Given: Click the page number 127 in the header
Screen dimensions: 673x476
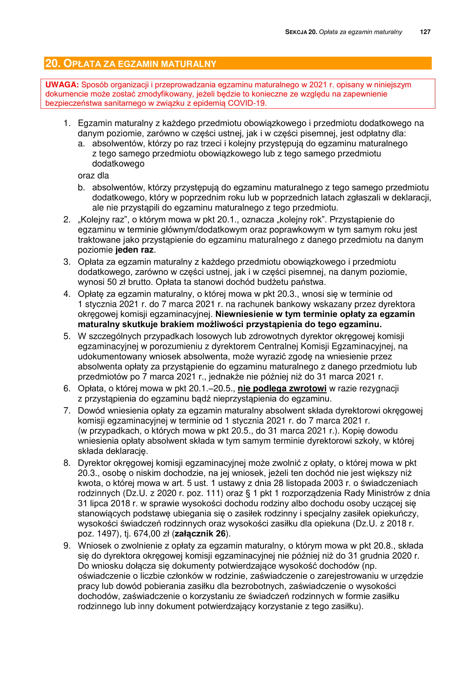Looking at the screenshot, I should coord(425,32).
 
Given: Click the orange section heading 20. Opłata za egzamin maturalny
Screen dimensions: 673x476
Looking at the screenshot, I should coord(131,64).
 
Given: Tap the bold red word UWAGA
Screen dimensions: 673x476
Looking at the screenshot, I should coord(62,85).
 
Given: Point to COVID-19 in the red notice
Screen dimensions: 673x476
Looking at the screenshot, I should coord(247,103).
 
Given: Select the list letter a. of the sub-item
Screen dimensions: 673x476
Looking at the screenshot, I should coord(81,144).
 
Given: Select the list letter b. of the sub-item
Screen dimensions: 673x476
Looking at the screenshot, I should coord(81,188).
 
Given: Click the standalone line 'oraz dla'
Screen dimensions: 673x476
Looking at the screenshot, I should coord(93,176).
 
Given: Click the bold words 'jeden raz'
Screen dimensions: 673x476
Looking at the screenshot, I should coord(134,250).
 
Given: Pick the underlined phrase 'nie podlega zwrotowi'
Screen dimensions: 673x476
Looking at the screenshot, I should coord(282,388).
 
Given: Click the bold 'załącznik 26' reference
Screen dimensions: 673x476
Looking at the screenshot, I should coord(200,533).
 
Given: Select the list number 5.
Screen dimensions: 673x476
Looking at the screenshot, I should coord(67,336).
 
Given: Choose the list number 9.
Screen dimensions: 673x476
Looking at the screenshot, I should coord(67,546).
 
